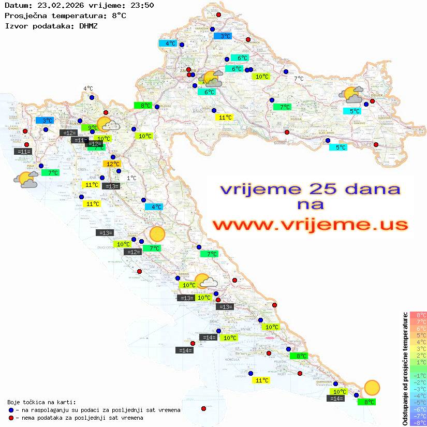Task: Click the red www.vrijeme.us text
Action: point(310,224)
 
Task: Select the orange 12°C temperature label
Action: point(112,164)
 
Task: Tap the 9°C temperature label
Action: point(91,127)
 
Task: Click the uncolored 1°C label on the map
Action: point(131,178)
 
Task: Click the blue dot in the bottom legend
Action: point(11,410)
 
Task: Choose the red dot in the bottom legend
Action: point(11,418)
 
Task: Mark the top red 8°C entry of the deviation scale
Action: point(418,315)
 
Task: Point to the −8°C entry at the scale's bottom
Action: point(418,423)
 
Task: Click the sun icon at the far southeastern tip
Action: point(371,387)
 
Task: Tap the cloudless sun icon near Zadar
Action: point(156,234)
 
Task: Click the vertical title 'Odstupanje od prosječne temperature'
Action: point(405,369)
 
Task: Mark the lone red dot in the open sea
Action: point(203,409)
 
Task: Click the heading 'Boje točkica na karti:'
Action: point(41,402)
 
